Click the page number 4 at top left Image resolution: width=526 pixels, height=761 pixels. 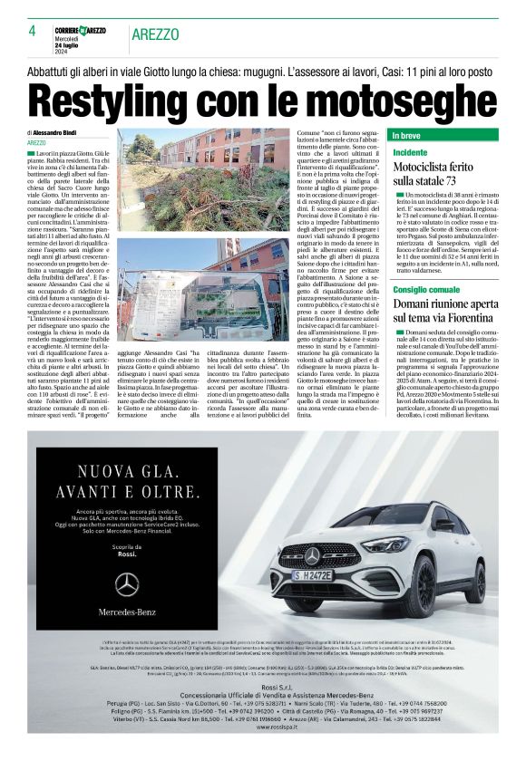click(32, 30)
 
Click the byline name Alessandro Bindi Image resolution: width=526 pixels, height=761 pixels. click(63, 132)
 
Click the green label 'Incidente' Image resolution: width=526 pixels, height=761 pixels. click(410, 153)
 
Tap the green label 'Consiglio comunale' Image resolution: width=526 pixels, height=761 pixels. click(427, 289)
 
